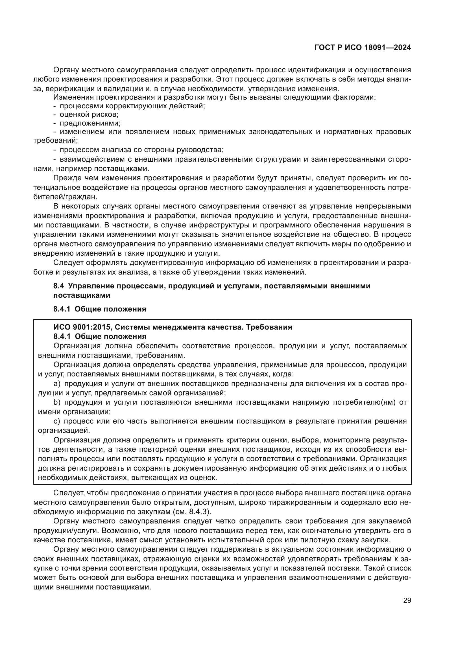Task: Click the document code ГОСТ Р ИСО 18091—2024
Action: pos(363,47)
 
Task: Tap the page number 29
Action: pos(407,600)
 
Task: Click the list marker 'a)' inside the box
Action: pos(57,383)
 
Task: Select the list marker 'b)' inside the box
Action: pos(57,402)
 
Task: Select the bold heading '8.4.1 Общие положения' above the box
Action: pos(100,309)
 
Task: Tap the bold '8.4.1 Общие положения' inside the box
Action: pos(100,336)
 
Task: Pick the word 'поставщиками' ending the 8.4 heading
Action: pos(82,295)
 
